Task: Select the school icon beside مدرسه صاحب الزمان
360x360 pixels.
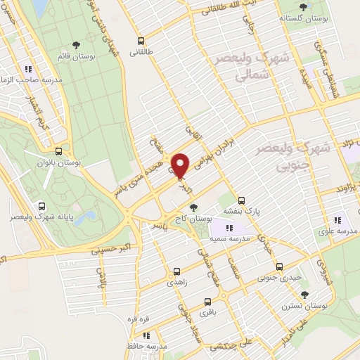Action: click(x=28, y=69)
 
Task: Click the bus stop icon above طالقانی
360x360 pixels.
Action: click(x=141, y=40)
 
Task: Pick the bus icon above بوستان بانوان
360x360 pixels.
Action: click(x=58, y=150)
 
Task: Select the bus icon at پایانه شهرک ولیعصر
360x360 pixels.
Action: click(x=42, y=206)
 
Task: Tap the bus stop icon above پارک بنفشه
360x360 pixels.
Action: click(x=241, y=200)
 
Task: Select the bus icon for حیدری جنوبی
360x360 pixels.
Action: click(x=280, y=266)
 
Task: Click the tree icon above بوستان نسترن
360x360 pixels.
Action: click(x=304, y=295)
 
